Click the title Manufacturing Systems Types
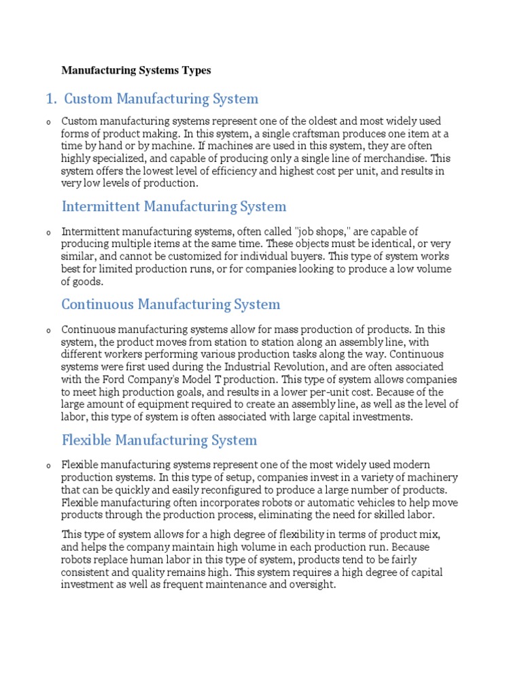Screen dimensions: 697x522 (x=136, y=70)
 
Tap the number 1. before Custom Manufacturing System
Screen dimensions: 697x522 (x=51, y=99)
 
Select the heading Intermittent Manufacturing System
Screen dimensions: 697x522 (x=174, y=206)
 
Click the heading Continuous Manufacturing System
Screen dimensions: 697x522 (x=171, y=304)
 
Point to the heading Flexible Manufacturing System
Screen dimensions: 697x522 (x=159, y=440)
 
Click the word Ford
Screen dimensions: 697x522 (x=111, y=379)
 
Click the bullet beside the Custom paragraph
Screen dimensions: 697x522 (x=48, y=122)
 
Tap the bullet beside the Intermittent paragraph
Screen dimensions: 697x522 (x=48, y=233)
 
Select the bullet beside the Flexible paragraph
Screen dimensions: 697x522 (x=48, y=466)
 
